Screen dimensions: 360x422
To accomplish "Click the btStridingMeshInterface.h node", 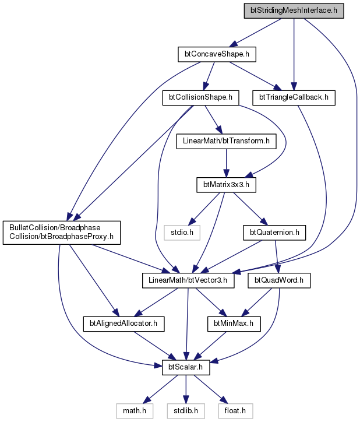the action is [x=294, y=10].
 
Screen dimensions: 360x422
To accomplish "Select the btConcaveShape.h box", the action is [x=217, y=54].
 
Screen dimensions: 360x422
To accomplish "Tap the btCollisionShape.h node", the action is [x=200, y=98].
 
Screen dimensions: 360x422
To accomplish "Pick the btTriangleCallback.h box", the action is [x=294, y=98].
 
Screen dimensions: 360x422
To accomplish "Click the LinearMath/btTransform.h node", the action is [x=226, y=141].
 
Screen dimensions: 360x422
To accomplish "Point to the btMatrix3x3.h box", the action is [x=226, y=185].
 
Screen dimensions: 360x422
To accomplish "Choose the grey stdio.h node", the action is [x=182, y=233].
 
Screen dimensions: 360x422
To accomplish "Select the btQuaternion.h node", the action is [x=274, y=233].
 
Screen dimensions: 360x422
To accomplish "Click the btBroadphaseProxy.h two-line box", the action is [x=62, y=233].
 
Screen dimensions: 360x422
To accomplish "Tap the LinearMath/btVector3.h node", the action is [x=188, y=280].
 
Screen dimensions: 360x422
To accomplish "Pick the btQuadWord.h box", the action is [x=279, y=280].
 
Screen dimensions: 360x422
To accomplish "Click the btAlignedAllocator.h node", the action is [x=123, y=323].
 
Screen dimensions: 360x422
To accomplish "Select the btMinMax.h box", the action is [x=234, y=323].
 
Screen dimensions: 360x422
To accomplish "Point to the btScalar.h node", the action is [x=186, y=367].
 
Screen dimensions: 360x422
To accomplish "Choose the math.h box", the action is [x=135, y=411].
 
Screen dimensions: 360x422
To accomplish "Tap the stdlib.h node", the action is [x=186, y=411].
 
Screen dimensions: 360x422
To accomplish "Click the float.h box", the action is [x=235, y=411].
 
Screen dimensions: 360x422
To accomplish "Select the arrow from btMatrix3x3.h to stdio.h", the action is [x=204, y=209].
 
